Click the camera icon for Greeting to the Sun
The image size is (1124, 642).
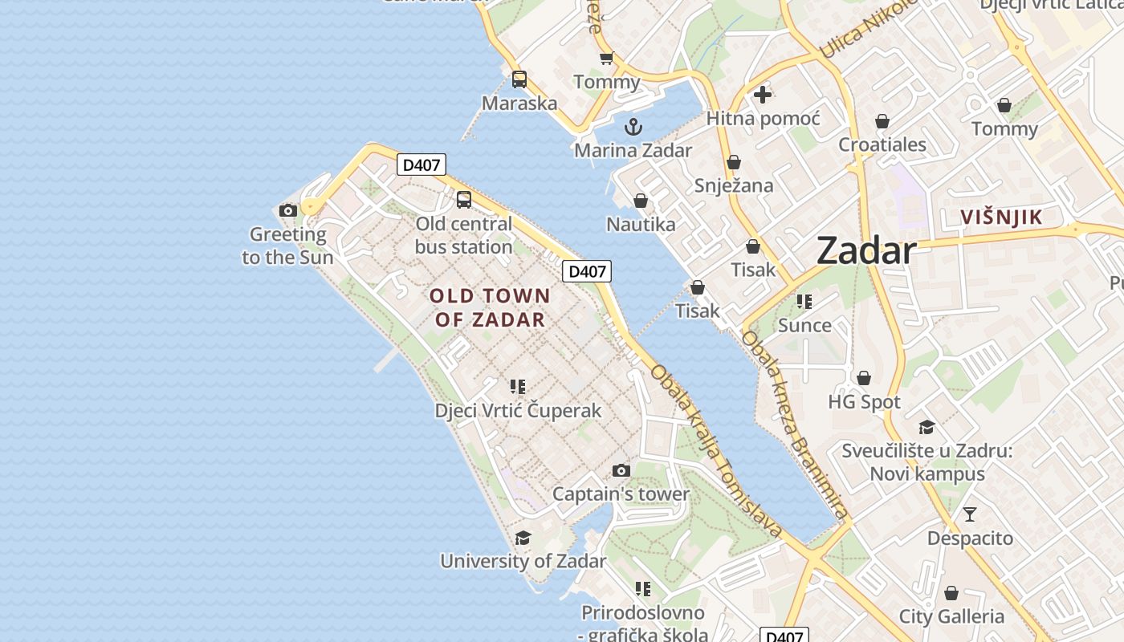(288, 211)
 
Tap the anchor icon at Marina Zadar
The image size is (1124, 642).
(633, 127)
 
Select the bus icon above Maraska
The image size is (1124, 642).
(519, 79)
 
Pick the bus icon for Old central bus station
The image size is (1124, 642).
(464, 200)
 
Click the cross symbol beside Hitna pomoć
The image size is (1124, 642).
(763, 95)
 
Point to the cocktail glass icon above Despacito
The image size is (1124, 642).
(970, 514)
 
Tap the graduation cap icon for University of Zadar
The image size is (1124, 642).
(523, 538)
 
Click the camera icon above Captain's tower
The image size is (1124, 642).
(621, 470)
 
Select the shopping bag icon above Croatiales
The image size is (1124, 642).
(882, 121)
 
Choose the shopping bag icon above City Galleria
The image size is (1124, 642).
(951, 593)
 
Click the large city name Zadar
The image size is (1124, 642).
(865, 251)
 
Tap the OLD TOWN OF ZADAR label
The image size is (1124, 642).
(490, 307)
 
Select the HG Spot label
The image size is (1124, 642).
(864, 401)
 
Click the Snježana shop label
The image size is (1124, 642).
(734, 185)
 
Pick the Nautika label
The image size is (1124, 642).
(641, 224)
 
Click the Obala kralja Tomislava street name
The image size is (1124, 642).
(716, 451)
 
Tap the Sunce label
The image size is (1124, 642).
(804, 325)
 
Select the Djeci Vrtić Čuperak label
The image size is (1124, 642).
(518, 410)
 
